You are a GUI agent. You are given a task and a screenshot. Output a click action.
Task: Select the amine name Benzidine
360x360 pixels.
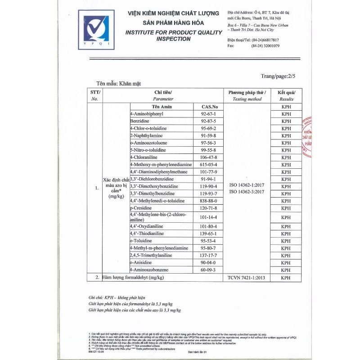tap(139, 121)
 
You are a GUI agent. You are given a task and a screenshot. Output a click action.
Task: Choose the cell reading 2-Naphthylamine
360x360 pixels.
tap(147, 135)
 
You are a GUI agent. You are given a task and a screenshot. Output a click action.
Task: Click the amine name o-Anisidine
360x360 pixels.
tap(141, 262)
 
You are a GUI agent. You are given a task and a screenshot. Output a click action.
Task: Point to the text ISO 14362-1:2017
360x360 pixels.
tap(246, 185)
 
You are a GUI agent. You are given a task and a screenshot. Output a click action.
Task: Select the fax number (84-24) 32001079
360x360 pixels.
tap(265, 46)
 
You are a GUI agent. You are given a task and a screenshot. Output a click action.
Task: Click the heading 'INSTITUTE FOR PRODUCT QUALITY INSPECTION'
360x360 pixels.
tap(173, 36)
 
